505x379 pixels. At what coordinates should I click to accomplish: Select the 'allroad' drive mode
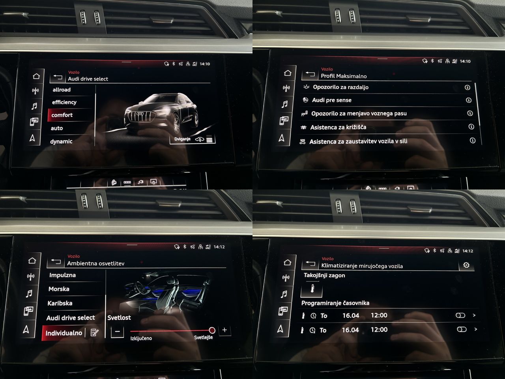(62, 90)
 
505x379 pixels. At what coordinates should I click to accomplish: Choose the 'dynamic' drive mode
(61, 141)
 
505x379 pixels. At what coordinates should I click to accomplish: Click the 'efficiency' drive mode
(64, 102)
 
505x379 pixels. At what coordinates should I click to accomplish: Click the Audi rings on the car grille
(140, 114)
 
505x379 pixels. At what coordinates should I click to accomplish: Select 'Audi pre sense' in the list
(331, 100)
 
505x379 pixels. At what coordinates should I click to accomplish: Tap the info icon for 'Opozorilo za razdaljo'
(467, 87)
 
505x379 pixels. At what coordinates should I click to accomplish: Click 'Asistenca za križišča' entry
(338, 127)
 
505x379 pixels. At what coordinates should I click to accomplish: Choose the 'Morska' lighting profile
(59, 289)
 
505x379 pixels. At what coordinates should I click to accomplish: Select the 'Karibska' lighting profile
(60, 303)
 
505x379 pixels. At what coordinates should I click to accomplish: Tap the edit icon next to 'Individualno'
(94, 332)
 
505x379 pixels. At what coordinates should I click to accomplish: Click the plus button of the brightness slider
(224, 330)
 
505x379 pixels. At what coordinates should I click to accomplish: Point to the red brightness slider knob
(212, 330)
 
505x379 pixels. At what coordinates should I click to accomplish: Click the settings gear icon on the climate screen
(466, 265)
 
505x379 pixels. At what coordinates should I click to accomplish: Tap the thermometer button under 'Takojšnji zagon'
(312, 289)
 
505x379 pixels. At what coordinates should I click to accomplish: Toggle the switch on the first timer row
(460, 315)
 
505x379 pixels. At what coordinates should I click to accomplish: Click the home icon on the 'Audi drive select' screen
(36, 76)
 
